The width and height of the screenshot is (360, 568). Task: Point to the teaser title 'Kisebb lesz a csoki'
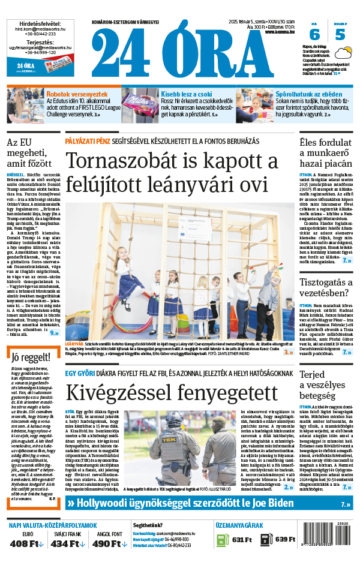point(187,94)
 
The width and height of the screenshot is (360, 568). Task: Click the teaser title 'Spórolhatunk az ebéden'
point(308,94)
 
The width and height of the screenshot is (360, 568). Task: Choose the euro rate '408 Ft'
point(27,543)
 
